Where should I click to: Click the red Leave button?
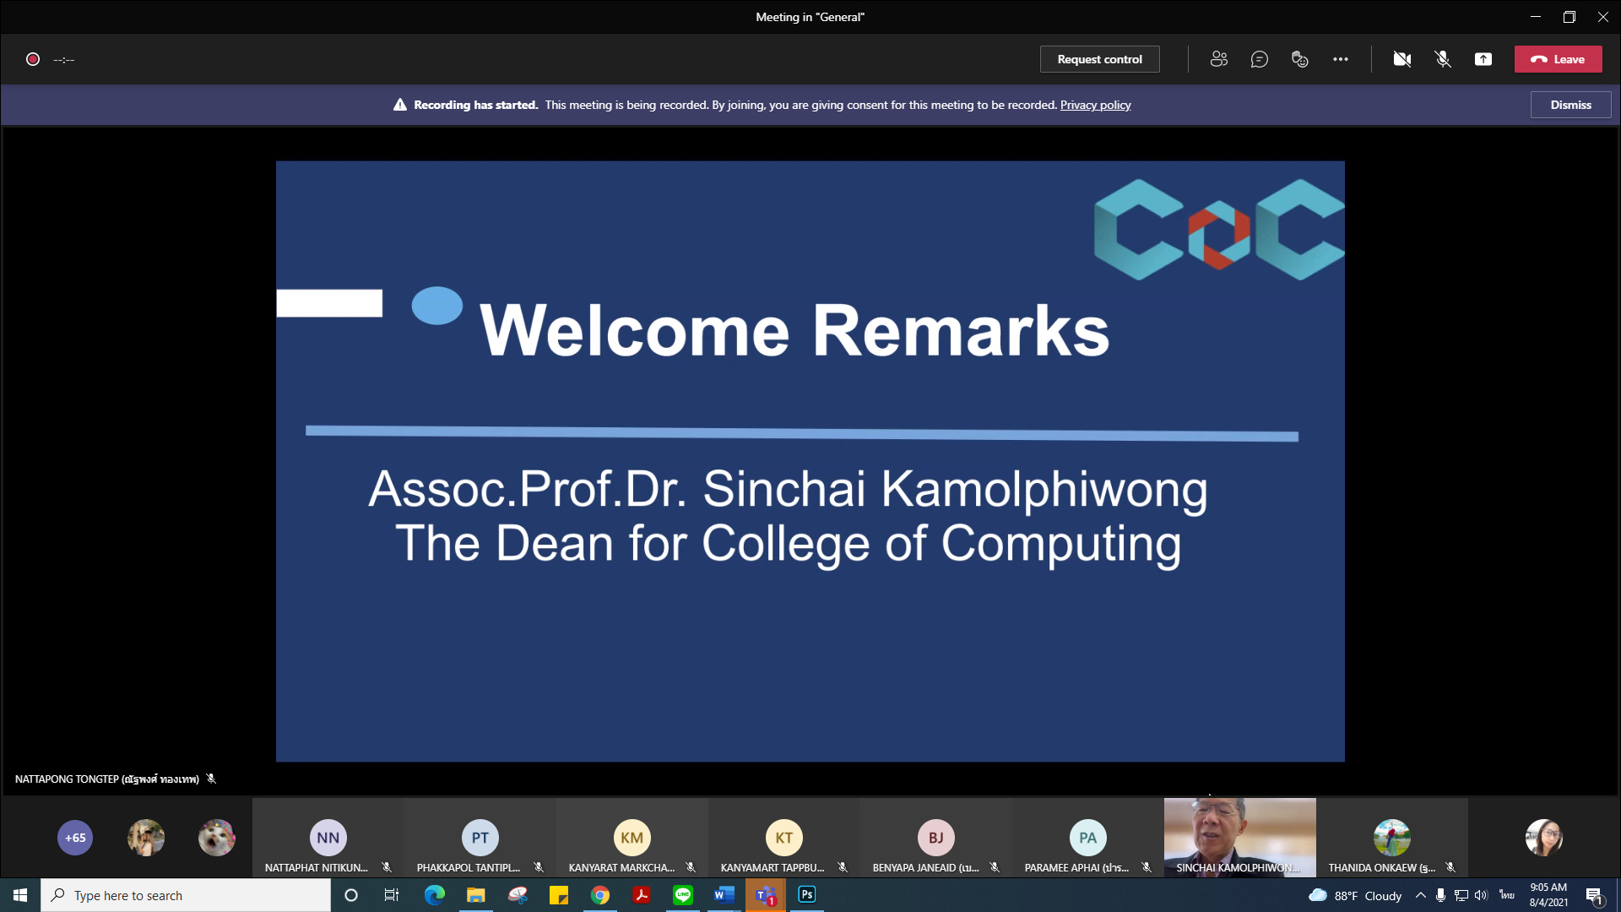click(1558, 59)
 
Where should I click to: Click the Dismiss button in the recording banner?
click(1570, 105)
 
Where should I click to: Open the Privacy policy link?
click(1095, 105)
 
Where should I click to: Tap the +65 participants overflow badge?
click(75, 838)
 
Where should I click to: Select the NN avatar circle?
click(328, 838)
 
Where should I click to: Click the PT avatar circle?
click(480, 838)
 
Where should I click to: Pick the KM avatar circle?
click(632, 838)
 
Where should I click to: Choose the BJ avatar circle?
click(936, 838)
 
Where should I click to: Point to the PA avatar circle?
click(1088, 838)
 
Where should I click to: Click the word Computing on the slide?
click(1061, 543)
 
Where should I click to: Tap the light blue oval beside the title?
click(437, 306)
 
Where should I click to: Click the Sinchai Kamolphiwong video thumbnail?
click(1239, 837)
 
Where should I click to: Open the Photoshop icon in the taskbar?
click(807, 894)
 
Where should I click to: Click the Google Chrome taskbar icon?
click(600, 895)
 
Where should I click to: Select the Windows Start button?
click(20, 895)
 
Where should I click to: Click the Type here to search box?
click(186, 895)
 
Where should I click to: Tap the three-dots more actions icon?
click(1341, 59)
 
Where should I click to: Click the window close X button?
click(1602, 17)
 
